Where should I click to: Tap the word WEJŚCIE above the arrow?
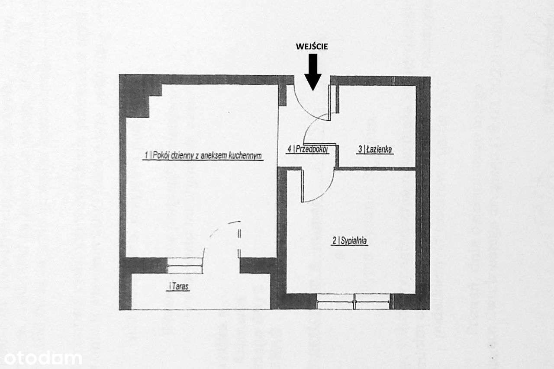pyautogui.click(x=312, y=47)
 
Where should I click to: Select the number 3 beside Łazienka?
pyautogui.click(x=360, y=150)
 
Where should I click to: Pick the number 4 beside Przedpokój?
pyautogui.click(x=289, y=150)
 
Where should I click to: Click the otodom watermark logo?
pyautogui.click(x=41, y=358)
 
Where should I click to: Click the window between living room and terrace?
pyautogui.click(x=185, y=265)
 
